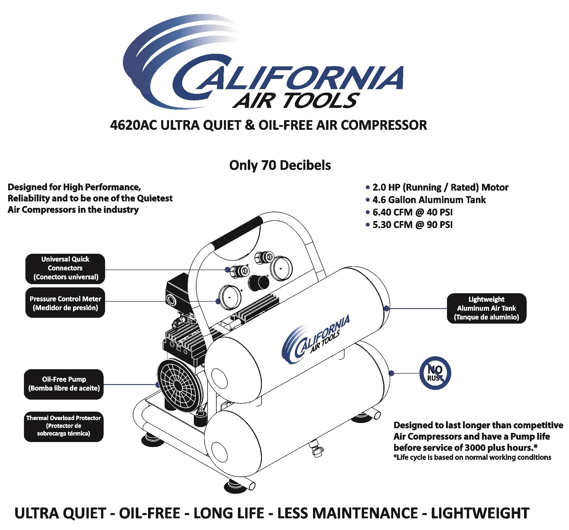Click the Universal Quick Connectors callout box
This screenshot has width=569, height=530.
[x=65, y=268]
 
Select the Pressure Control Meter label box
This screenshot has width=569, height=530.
[x=65, y=303]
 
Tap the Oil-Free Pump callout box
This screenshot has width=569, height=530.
[x=64, y=384]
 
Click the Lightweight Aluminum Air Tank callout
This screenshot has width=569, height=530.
[x=486, y=308]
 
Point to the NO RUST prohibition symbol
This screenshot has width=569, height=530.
[x=435, y=373]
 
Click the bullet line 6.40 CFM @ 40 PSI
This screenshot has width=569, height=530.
[x=412, y=212]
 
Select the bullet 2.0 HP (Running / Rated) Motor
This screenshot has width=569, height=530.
[x=440, y=187]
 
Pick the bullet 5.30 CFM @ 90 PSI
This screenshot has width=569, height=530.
[x=412, y=225]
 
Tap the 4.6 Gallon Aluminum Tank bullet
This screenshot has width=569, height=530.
[x=429, y=200]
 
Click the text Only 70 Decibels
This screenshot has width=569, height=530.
[x=280, y=165]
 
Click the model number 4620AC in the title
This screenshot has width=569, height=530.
[x=134, y=125]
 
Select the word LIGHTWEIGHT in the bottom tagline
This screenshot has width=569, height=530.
[x=480, y=513]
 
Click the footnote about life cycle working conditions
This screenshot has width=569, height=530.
[x=472, y=458]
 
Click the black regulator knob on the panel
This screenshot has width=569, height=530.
[x=258, y=282]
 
